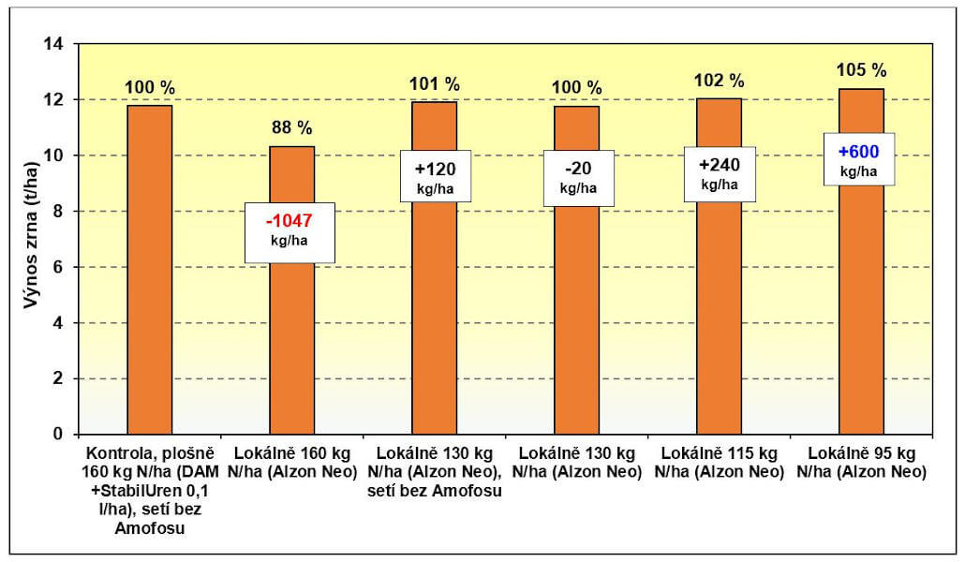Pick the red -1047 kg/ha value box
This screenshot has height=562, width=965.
coord(289,231)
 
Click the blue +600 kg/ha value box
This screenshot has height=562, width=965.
coord(857,159)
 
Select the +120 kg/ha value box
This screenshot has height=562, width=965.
coord(434,176)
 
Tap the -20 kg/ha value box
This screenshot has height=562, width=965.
coord(576,176)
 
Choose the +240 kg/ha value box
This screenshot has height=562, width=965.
coord(719,173)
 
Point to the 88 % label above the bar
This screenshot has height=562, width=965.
coord(291,128)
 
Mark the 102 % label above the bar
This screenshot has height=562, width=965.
coord(720,81)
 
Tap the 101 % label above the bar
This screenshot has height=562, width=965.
coord(434,83)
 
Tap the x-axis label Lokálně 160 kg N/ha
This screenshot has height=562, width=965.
coord(291,457)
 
